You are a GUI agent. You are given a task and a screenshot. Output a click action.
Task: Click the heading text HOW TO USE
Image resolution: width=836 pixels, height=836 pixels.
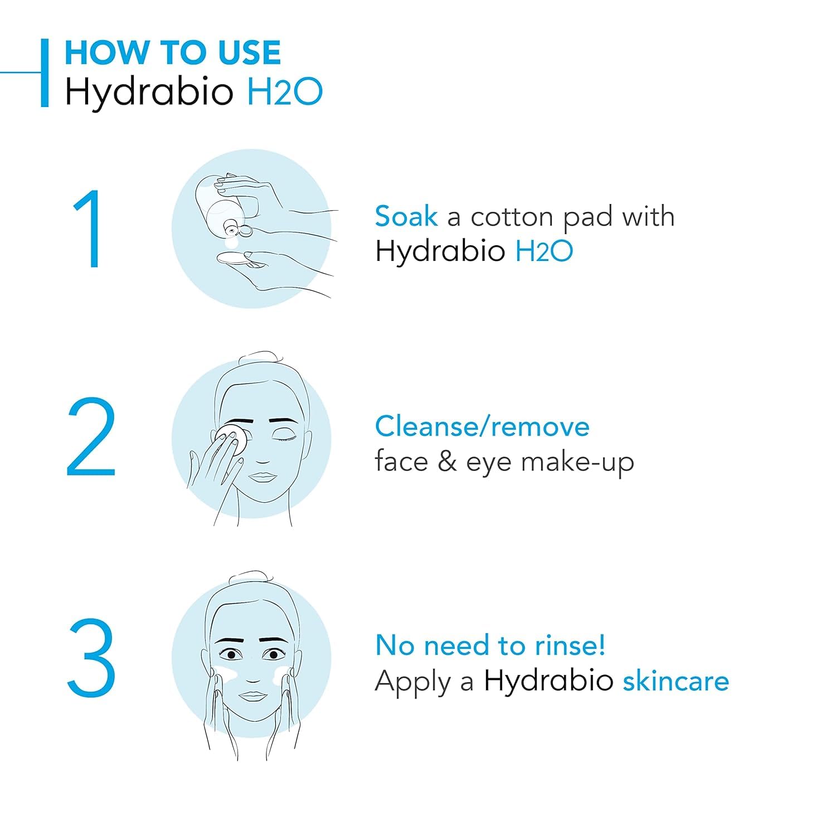tap(172, 53)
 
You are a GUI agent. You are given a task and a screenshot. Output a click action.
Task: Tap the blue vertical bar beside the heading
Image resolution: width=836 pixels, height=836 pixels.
tap(45, 72)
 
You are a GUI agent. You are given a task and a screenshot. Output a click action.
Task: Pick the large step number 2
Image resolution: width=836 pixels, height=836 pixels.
tap(91, 438)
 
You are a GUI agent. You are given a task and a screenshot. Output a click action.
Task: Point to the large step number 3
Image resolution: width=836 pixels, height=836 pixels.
tap(91, 658)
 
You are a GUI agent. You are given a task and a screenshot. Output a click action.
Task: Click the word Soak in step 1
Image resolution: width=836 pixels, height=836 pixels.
tap(406, 216)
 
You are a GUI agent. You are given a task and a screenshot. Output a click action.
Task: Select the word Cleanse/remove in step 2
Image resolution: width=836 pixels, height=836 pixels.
tap(482, 427)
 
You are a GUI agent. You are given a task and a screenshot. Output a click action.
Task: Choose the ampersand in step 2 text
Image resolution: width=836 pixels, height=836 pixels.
tap(447, 462)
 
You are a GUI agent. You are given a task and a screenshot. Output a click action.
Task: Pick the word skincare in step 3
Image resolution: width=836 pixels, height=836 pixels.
tap(675, 681)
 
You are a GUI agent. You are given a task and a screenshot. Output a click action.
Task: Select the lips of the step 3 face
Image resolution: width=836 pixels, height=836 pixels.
tap(254, 697)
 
